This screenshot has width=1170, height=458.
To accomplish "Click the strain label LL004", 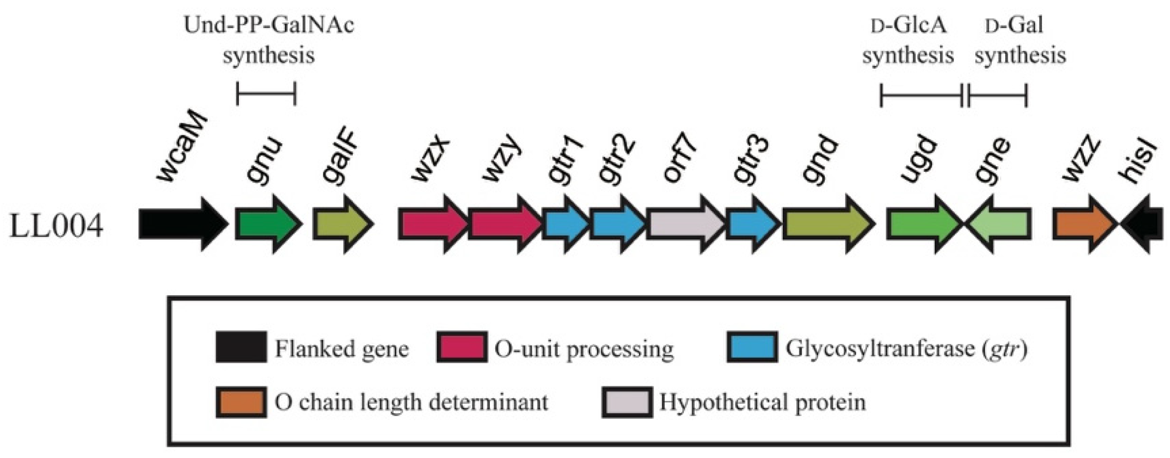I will click(56, 227).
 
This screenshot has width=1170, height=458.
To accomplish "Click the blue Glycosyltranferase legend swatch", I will click(751, 347).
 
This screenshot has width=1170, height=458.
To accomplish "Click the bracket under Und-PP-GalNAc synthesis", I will click(266, 93).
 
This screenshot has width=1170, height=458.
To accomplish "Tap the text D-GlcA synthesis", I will click(908, 40).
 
